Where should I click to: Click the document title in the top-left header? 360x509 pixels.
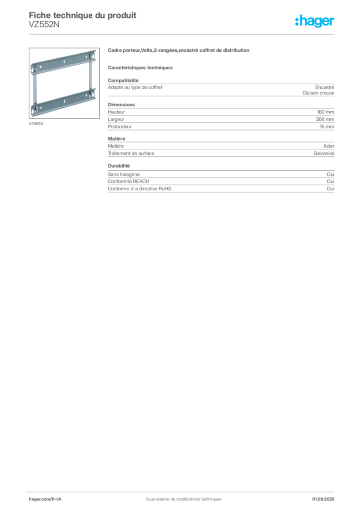pos(82,15)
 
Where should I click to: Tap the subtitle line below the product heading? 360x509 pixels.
pos(141,66)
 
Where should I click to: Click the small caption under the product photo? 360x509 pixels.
pos(35,122)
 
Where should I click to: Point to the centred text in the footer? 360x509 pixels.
pos(181,496)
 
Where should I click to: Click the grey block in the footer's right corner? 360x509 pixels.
pos(326,496)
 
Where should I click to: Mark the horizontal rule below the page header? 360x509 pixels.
pos(183,34)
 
